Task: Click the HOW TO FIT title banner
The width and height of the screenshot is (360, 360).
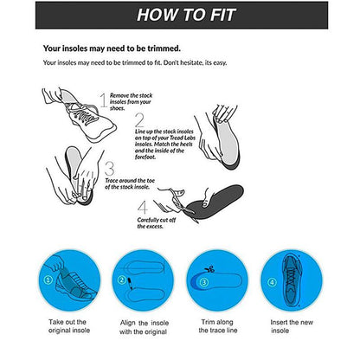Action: (x=180, y=15)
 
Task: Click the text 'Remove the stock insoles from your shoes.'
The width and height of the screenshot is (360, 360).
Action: (x=130, y=103)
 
